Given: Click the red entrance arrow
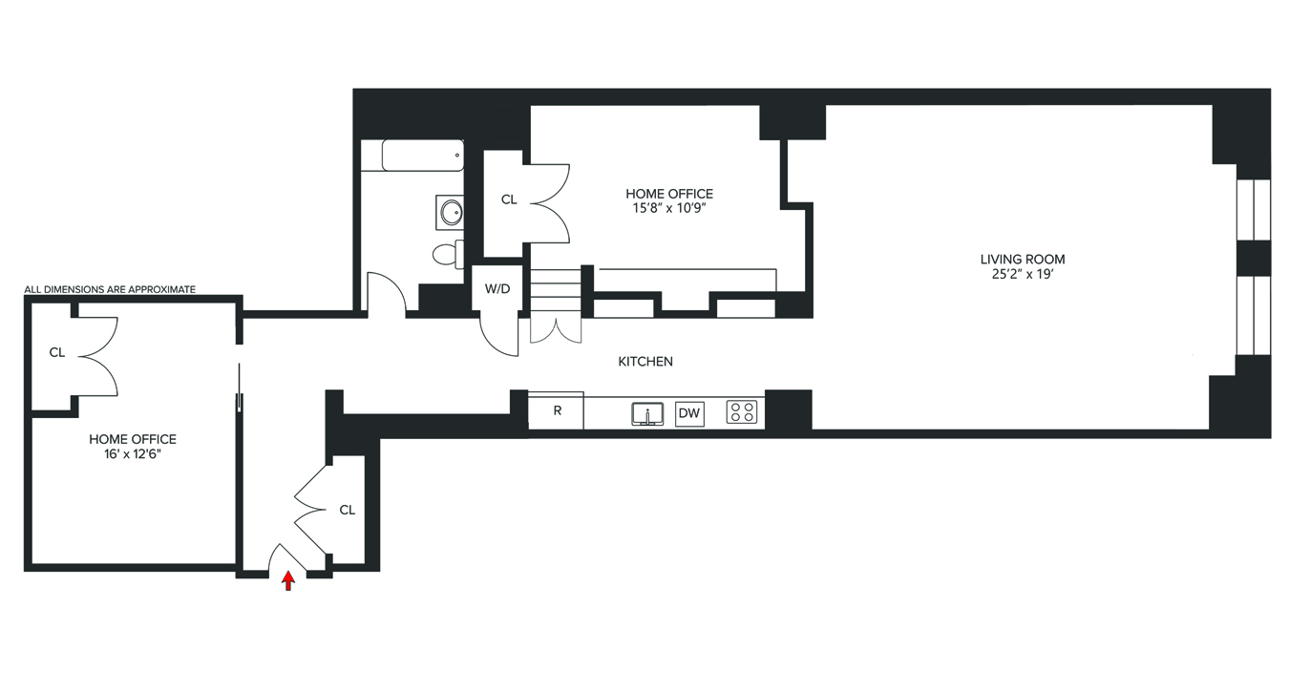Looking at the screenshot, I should coord(288,580).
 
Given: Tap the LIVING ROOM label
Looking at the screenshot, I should coord(1022,259).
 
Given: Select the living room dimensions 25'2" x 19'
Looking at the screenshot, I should coord(1022,275).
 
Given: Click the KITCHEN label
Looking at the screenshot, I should coord(645,362).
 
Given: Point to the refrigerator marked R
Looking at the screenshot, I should coord(557,411).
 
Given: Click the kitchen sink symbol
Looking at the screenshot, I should coord(647,413).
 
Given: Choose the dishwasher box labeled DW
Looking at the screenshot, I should coord(689,413).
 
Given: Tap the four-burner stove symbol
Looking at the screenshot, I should coord(742,412).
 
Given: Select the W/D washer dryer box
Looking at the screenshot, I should coord(497,288).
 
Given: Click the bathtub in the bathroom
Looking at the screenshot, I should coord(422,155).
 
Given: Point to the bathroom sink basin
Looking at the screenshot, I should coord(450,212).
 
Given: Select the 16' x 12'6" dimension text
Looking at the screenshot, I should coord(133,455).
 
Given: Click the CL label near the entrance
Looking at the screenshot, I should coord(347,510).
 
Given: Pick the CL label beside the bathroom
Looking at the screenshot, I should coord(509,199).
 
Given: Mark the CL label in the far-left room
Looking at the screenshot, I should coord(57,352).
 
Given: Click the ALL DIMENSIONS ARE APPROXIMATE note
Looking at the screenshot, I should coord(110,289).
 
